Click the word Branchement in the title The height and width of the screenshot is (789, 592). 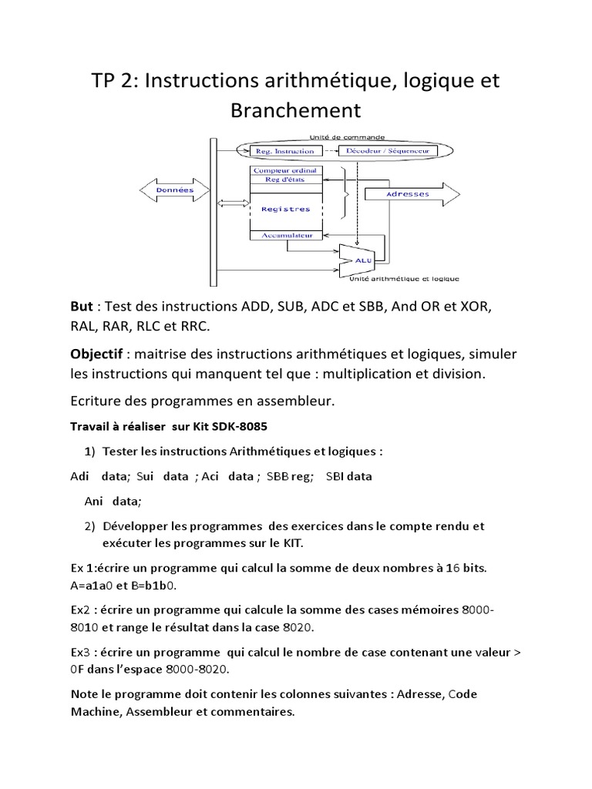click(295, 109)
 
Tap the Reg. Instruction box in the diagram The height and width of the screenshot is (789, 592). click(287, 151)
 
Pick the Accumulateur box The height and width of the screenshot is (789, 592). click(286, 234)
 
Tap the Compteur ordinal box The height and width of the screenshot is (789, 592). click(286, 170)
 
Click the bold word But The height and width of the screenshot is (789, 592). click(83, 307)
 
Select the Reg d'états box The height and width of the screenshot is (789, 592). click(286, 180)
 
